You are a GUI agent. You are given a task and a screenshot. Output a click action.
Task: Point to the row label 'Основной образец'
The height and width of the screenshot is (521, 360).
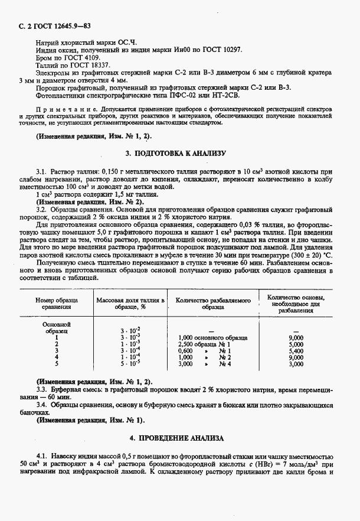[57, 327]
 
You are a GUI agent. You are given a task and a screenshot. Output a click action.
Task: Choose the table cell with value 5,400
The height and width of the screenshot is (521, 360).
[296, 350]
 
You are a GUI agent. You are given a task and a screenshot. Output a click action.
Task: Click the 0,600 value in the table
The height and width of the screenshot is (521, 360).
[185, 350]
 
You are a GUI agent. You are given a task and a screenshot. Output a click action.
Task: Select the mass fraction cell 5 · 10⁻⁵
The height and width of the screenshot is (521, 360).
[129, 364]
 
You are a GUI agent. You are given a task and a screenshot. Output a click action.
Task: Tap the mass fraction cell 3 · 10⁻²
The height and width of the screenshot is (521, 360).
[129, 330]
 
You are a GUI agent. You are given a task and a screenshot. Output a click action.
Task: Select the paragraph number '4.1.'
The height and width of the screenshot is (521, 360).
[43, 457]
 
